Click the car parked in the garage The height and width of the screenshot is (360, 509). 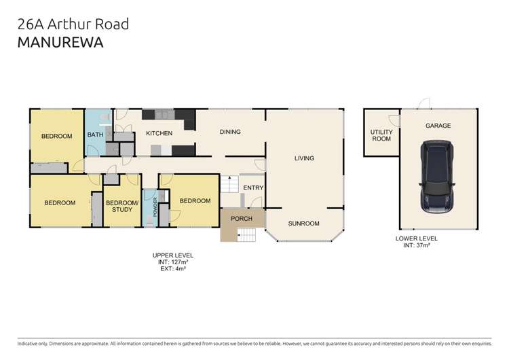[438, 177]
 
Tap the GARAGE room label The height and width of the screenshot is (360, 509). [438, 126]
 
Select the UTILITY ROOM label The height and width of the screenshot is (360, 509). [381, 135]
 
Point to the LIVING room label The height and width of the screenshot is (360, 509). [304, 158]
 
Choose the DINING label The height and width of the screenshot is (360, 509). [229, 132]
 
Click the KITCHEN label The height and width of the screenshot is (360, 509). [159, 133]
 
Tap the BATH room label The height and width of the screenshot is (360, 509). [94, 135]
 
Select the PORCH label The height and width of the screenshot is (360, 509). [242, 219]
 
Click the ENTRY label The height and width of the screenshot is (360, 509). [252, 188]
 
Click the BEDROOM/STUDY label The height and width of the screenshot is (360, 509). [122, 206]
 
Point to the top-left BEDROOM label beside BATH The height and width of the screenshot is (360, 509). [56, 137]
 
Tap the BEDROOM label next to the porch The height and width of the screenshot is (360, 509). [195, 201]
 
